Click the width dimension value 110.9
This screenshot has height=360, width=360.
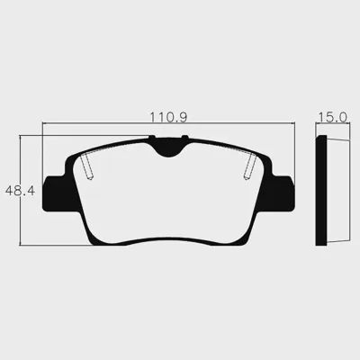(x=168, y=117)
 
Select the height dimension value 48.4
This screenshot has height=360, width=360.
(x=20, y=191)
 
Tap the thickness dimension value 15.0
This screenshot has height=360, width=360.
(x=332, y=117)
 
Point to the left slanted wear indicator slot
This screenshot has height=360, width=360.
(x=87, y=166)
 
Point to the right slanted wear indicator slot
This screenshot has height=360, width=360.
(x=250, y=166)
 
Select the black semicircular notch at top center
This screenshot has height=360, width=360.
(x=168, y=148)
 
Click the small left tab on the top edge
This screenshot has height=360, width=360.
(x=152, y=138)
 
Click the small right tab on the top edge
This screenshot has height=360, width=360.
(x=185, y=138)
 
